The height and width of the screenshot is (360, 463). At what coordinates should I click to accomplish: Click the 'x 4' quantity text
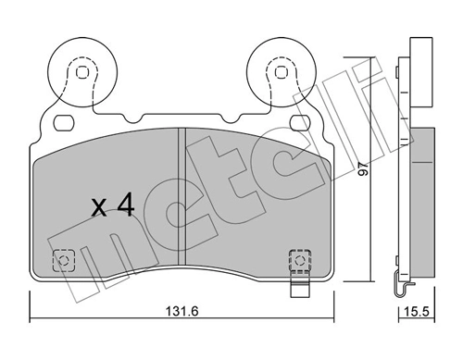115,206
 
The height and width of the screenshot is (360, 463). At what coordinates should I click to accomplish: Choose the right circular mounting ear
278,68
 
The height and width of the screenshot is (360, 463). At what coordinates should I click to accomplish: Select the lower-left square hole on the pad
64,261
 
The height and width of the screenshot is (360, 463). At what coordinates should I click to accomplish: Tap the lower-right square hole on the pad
297,260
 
